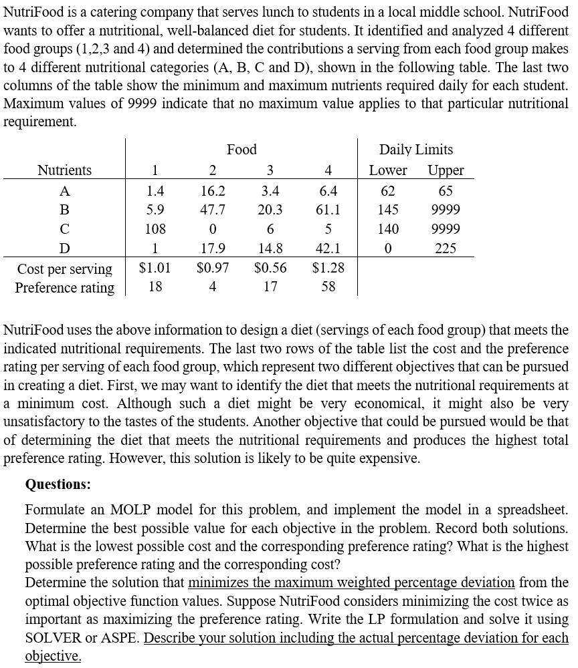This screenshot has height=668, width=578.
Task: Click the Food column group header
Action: tap(242, 150)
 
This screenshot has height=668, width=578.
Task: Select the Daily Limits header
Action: tap(416, 150)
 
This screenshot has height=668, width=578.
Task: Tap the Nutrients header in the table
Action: tap(65, 170)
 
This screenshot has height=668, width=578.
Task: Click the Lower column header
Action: tap(388, 170)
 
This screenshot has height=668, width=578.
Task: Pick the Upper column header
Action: tap(446, 170)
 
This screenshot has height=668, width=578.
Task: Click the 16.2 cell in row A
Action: tap(213, 190)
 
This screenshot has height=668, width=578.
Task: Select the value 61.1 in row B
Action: tap(327, 210)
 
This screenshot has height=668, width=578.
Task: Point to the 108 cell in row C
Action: tap(155, 229)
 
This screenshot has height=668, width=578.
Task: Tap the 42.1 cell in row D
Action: tap(327, 248)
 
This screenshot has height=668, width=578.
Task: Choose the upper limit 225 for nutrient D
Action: tap(446, 248)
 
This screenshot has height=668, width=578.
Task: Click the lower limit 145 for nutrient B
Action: tap(388, 210)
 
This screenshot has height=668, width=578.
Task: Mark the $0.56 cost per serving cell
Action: tap(270, 269)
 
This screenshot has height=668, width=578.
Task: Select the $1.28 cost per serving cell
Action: tap(328, 269)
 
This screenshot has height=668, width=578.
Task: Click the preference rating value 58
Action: tap(328, 288)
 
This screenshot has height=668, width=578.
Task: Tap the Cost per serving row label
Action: tap(64, 269)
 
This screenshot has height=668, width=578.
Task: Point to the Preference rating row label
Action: tap(64, 288)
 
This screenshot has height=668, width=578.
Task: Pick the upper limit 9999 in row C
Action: tap(446, 229)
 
